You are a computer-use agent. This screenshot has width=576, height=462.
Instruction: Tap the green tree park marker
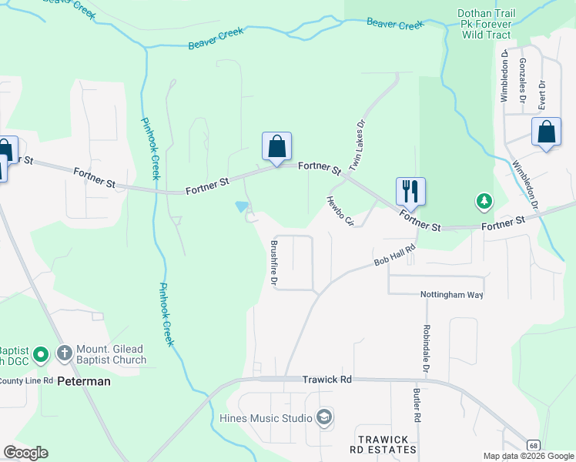click(484, 201)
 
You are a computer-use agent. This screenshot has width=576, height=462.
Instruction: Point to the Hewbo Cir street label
click(339, 211)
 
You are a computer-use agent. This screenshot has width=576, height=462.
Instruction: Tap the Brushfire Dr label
click(273, 263)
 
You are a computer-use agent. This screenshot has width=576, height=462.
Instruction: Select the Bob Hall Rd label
click(395, 256)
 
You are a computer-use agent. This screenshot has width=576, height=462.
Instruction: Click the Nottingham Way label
click(451, 295)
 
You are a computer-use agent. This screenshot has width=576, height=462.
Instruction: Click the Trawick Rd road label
click(327, 380)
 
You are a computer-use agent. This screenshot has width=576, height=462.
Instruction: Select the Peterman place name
click(85, 381)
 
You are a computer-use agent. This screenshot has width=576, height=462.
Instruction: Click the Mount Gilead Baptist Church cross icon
click(65, 354)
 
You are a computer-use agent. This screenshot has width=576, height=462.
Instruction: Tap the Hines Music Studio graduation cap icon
click(324, 417)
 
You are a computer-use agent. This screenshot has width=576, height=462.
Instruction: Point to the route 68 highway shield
click(532, 445)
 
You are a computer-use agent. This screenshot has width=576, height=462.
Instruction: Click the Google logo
click(25, 453)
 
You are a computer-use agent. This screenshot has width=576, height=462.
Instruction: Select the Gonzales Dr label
click(523, 81)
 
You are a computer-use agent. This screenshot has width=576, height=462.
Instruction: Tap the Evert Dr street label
click(542, 93)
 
